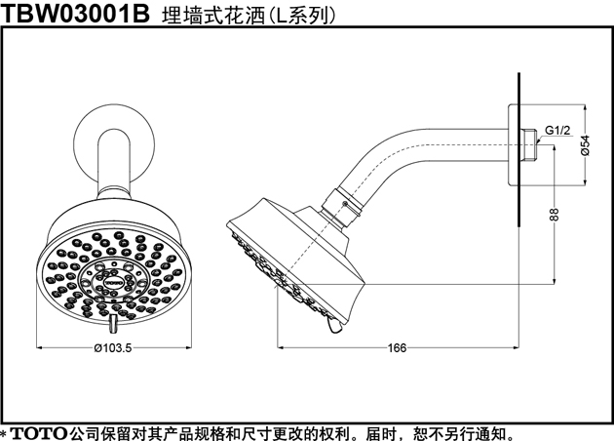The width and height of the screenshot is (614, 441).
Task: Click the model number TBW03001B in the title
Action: tap(75, 14)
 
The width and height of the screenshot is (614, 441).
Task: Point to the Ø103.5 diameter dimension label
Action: tap(113, 347)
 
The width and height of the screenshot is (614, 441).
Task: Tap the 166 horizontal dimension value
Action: tap(397, 347)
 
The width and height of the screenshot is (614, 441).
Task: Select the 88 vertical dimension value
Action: tap(555, 215)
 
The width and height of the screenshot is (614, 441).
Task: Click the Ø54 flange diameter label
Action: tap(585, 145)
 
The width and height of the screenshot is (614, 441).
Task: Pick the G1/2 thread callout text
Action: tap(558, 131)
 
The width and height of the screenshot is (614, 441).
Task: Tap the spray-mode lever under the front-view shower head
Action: tap(113, 323)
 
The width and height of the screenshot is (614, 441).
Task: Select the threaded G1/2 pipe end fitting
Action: tap(529, 144)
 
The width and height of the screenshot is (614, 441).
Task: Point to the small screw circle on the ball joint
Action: tap(344, 204)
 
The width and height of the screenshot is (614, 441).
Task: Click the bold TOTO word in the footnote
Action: tap(38, 433)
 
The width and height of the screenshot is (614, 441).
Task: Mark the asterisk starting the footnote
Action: tap(4, 433)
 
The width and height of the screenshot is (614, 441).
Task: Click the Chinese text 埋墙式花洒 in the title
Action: tap(213, 15)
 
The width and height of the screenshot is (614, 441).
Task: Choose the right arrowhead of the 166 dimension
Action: tap(516, 347)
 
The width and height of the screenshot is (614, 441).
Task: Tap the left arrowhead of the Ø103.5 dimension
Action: tap(39, 347)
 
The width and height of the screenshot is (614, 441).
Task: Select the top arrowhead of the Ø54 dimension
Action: tap(585, 108)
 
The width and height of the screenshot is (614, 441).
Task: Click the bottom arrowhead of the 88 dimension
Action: tap(555, 280)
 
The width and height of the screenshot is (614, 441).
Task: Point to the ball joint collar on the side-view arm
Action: tap(342, 208)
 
